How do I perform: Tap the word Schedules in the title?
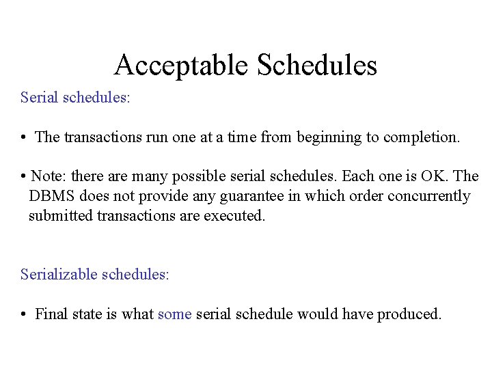click(x=317, y=66)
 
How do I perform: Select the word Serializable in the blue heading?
click(x=59, y=275)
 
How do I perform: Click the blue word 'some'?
click(x=174, y=314)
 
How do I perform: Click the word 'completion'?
click(x=422, y=137)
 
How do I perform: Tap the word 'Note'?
click(x=47, y=176)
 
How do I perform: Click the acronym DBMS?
click(x=52, y=196)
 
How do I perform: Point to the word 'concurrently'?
click(x=429, y=196)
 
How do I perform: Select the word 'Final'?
click(x=51, y=314)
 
